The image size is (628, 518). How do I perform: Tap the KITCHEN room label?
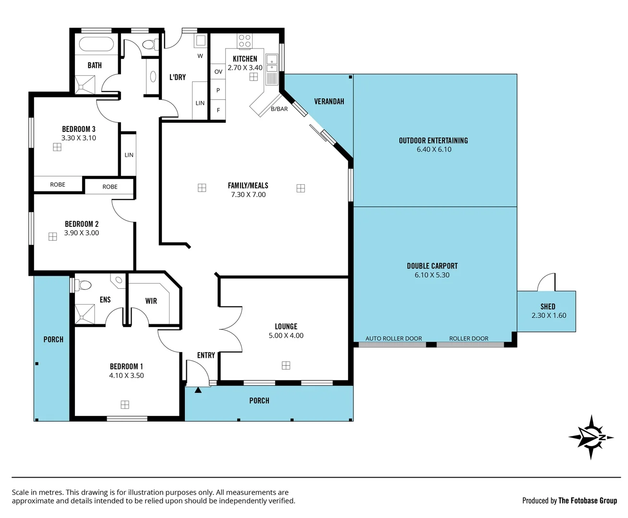(245, 59)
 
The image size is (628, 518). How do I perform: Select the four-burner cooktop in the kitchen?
(244, 41)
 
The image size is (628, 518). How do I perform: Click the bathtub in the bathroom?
(96, 45)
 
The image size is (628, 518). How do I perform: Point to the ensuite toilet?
(84, 285)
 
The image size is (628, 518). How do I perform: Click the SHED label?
(548, 306)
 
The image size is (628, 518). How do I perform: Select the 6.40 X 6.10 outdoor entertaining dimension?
(434, 150)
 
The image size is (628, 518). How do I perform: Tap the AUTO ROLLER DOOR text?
(393, 339)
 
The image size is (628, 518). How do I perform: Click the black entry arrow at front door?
(198, 390)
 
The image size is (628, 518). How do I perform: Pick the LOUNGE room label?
(286, 327)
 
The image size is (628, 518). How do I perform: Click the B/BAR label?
(279, 109)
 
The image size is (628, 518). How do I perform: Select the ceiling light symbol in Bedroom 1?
(125, 405)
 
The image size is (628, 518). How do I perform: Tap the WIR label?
(151, 301)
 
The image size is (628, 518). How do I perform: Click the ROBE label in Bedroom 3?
(58, 185)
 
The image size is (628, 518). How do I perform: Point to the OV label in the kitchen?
(218, 72)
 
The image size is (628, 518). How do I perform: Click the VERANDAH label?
(329, 102)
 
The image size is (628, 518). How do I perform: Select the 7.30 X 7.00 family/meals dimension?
(248, 195)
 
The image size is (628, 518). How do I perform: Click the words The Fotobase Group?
(587, 501)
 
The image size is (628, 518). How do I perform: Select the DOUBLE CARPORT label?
(432, 266)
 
